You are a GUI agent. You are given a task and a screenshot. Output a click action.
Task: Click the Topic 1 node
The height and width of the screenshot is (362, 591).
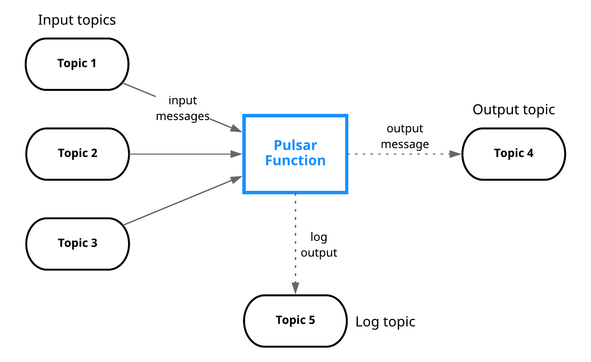77,64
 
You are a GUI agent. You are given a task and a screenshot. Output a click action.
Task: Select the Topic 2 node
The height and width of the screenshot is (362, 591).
78,154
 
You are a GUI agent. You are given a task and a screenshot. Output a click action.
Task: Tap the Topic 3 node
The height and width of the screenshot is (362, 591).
78,243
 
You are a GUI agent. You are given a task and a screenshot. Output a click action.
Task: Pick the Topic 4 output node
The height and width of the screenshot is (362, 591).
514,154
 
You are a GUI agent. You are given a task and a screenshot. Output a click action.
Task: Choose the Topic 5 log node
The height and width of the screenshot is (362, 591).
295,321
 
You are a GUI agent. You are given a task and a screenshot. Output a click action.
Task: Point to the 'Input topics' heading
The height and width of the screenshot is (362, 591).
77,20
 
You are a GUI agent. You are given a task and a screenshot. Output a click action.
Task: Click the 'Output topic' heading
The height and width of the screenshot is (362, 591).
514,110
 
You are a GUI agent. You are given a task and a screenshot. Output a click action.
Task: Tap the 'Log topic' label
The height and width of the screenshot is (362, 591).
385,322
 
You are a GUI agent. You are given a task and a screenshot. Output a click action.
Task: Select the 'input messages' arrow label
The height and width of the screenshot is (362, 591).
183,108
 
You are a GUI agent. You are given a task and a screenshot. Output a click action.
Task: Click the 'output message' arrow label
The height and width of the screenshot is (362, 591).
405,136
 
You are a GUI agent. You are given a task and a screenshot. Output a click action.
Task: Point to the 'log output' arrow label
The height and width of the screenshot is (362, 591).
319,245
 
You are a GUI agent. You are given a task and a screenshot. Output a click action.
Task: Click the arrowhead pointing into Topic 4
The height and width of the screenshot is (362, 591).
455,154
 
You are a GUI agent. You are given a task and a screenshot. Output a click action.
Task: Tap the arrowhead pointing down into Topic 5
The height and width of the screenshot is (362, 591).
295,288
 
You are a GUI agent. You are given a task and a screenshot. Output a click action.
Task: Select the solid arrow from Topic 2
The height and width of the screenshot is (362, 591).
180,154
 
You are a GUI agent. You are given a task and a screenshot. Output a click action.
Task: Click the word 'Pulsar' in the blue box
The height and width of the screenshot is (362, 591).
295,145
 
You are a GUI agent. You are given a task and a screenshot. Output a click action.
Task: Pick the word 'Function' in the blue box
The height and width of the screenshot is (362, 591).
295,161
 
